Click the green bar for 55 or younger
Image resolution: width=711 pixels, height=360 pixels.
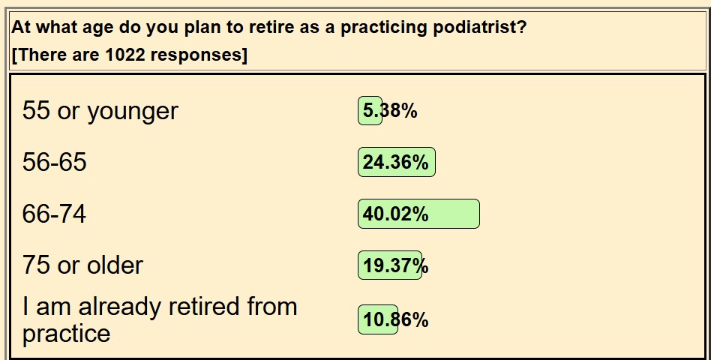370,111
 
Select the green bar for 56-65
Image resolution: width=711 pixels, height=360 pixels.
397,162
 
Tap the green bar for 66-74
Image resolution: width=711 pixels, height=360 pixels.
418,214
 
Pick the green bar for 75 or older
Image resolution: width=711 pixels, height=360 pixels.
390,265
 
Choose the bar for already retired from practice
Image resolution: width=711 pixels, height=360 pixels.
378,319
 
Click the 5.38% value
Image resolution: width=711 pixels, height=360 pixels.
390,111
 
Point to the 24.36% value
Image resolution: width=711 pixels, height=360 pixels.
395,162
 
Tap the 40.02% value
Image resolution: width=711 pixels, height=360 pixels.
395,214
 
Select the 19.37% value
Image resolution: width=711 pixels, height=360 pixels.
395,265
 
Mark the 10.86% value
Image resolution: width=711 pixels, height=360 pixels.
395,319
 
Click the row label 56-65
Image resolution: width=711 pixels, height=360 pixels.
55,162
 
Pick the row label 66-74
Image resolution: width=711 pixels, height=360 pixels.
55,214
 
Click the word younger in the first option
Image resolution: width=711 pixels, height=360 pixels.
133,112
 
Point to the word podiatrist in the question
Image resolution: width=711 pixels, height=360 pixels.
480,28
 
